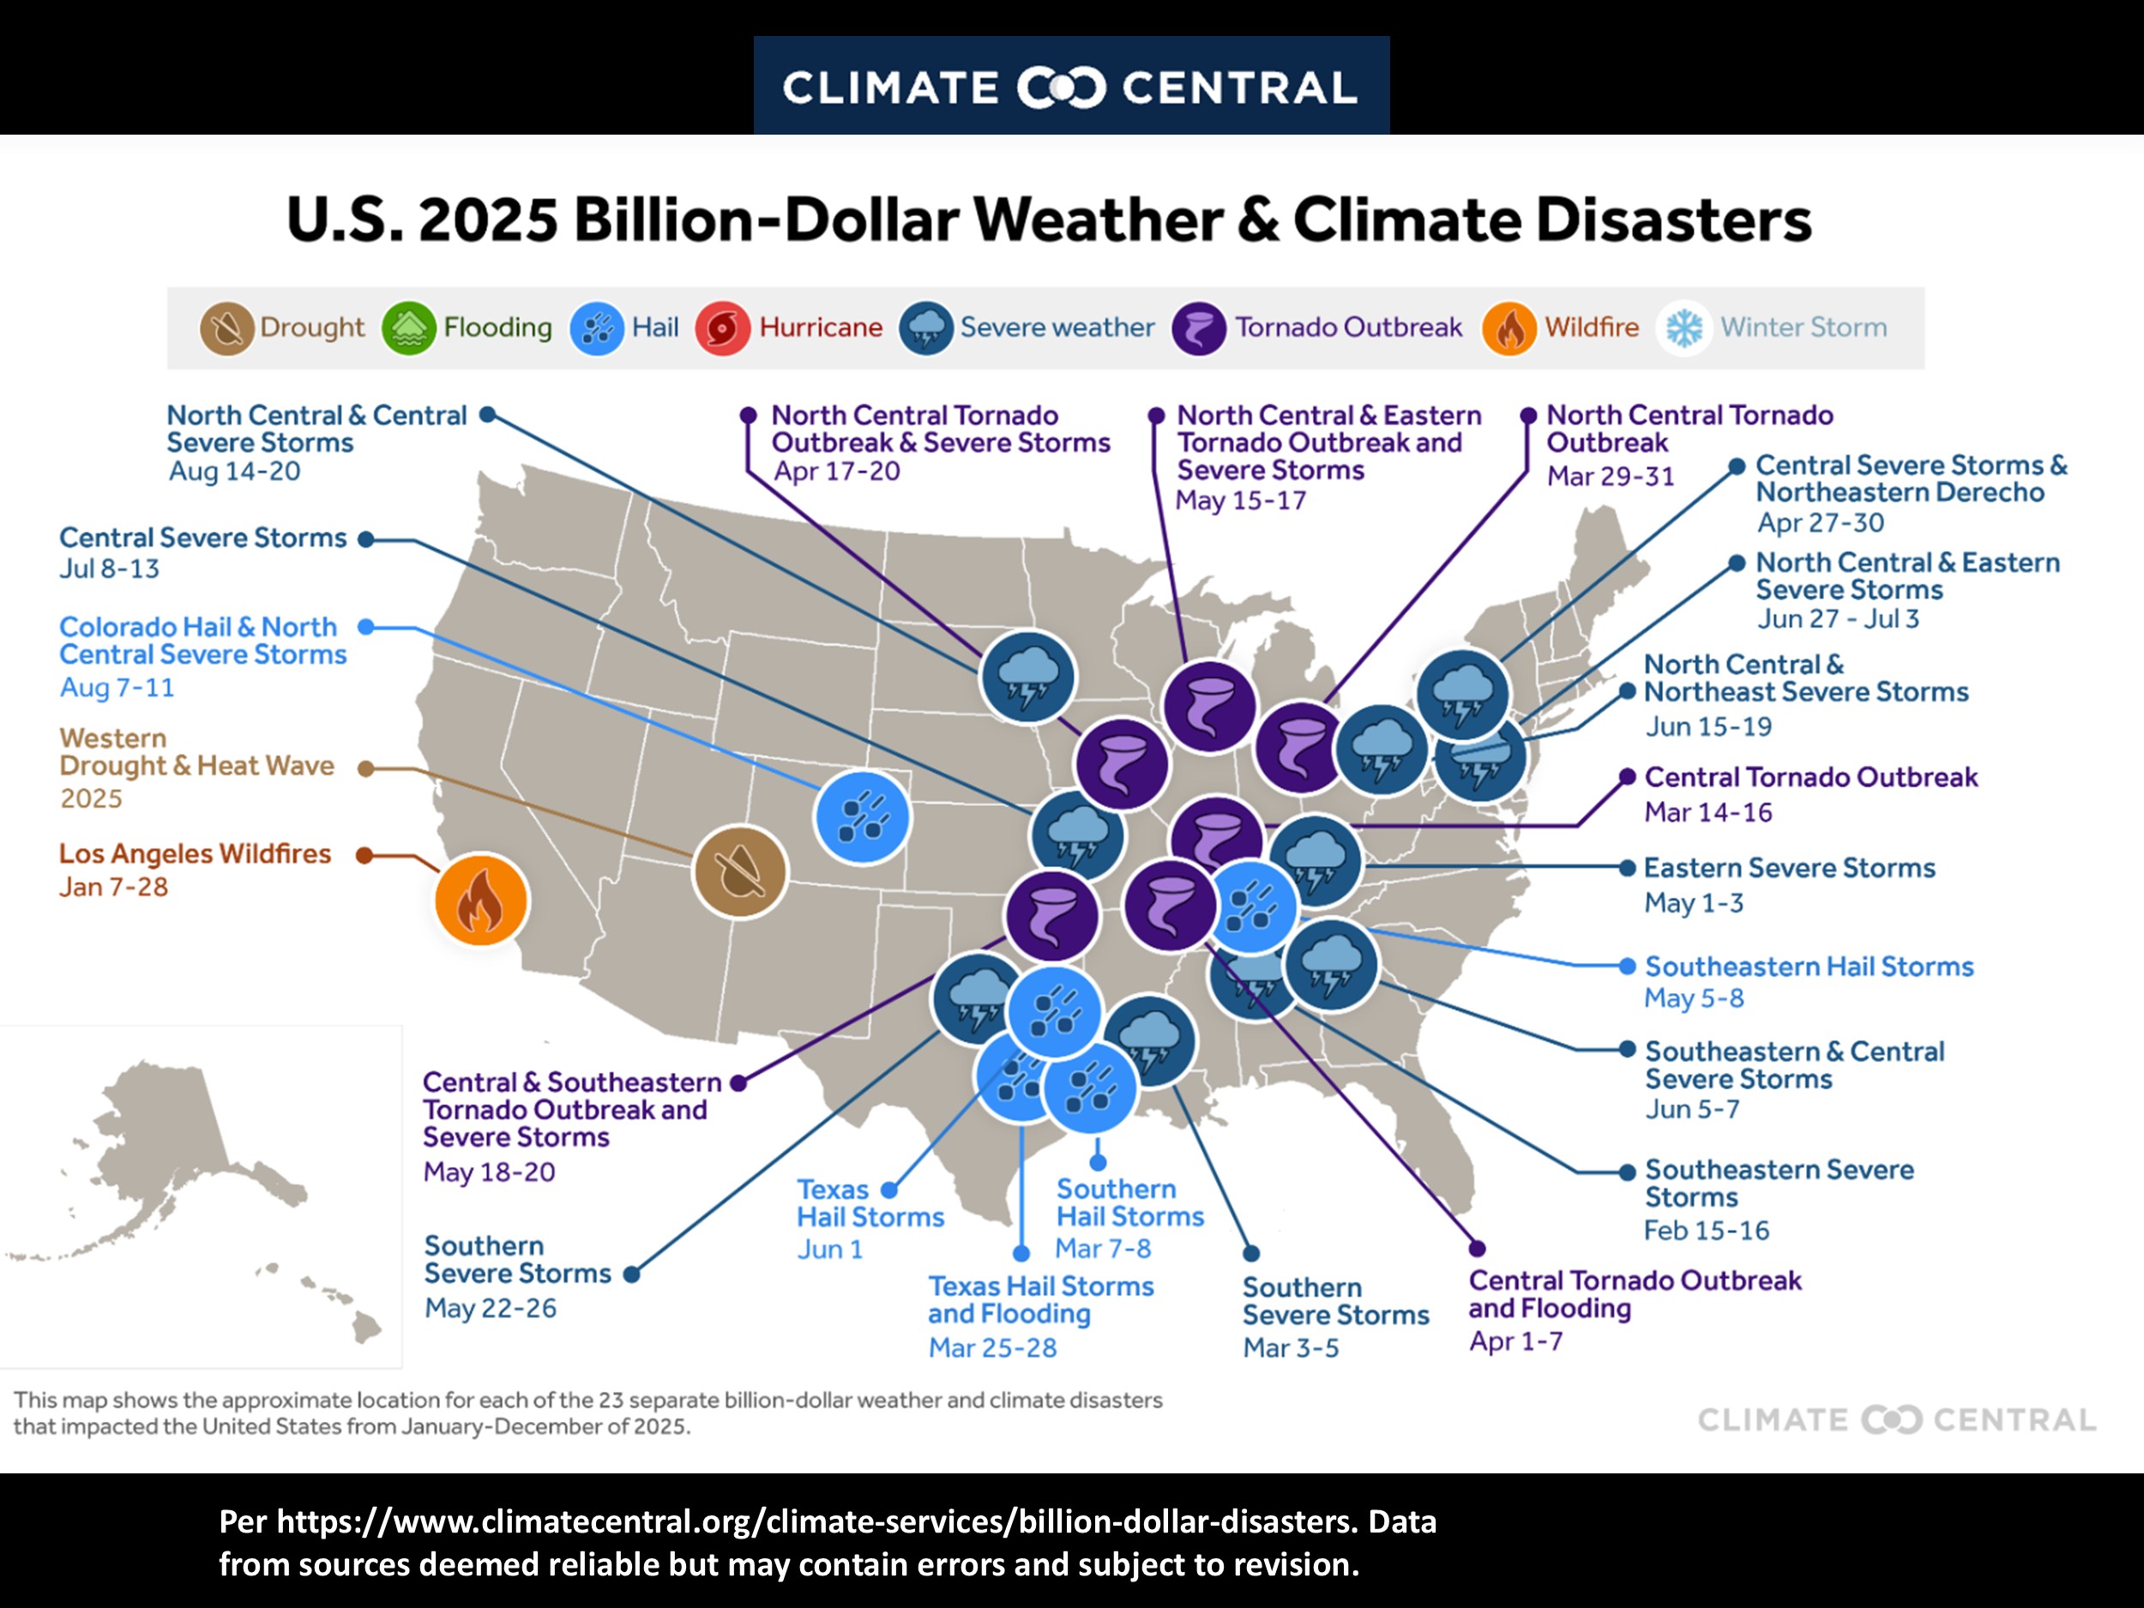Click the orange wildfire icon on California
click(481, 900)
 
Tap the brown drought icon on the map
click(740, 872)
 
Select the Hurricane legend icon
click(722, 328)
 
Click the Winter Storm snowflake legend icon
click(1683, 328)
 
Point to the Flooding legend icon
click(409, 328)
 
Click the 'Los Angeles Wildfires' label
click(195, 854)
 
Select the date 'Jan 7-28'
click(113, 887)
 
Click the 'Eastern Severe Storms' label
click(1789, 868)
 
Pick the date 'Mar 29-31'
click(1610, 476)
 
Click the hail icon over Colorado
click(862, 817)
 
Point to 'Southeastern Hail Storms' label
click(1809, 967)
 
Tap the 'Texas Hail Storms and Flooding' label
click(1040, 1300)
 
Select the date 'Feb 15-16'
click(1706, 1230)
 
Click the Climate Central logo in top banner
click(1070, 87)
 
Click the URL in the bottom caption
click(814, 1521)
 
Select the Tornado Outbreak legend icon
click(1198, 328)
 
